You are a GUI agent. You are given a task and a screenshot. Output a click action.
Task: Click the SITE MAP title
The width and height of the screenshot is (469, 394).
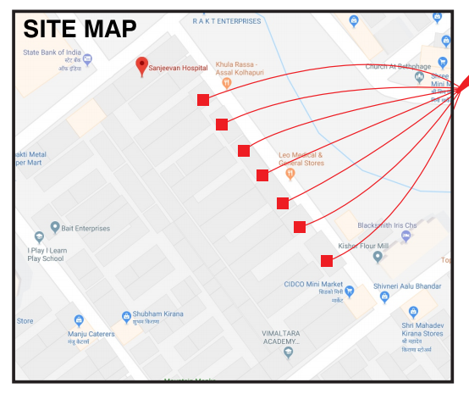(x=80, y=28)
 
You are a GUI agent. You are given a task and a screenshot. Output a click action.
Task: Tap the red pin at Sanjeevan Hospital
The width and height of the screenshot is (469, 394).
(x=142, y=66)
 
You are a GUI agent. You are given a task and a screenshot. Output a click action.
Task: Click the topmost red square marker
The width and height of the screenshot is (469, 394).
(x=203, y=100)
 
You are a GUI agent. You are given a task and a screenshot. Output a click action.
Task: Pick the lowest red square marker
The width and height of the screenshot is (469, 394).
(x=326, y=261)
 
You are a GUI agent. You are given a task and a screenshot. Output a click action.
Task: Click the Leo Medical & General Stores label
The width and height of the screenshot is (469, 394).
(x=301, y=159)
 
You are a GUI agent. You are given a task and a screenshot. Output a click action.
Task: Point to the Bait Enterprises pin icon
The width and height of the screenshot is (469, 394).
(x=55, y=227)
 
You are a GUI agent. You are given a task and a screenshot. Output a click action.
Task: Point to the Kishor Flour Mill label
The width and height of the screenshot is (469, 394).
(x=361, y=246)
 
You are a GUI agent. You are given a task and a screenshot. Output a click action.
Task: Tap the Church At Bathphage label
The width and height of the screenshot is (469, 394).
(x=397, y=66)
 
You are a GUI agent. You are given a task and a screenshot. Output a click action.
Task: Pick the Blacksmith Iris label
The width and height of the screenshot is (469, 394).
(x=387, y=225)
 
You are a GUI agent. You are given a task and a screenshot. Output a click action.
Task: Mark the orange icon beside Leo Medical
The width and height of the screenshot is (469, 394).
(x=290, y=175)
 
